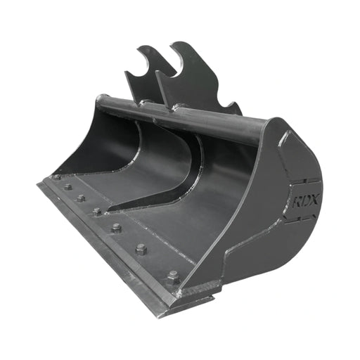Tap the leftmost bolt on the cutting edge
tap(56, 178)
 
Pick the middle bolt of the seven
tap(97, 211)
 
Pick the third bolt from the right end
tap(116, 228)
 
